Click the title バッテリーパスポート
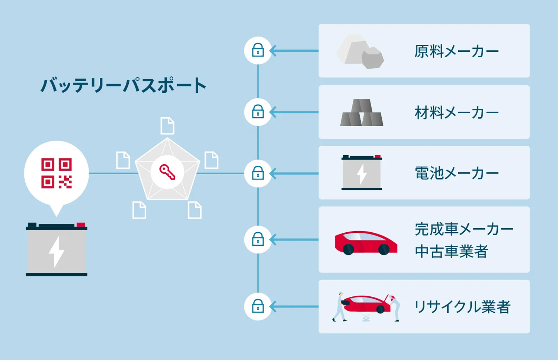123,86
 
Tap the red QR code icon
57,173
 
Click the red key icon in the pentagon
167,172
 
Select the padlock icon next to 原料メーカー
258,50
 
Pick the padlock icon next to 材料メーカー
258,112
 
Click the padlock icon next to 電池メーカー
258,173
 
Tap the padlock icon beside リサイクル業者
258,306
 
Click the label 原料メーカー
456,51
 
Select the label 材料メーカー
456,112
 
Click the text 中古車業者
451,252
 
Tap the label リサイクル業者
462,307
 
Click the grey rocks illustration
360,52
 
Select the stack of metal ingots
362,113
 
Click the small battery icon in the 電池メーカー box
362,173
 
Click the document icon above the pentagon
167,126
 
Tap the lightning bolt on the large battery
57,252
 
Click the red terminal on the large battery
81,225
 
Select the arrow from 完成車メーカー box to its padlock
294,239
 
